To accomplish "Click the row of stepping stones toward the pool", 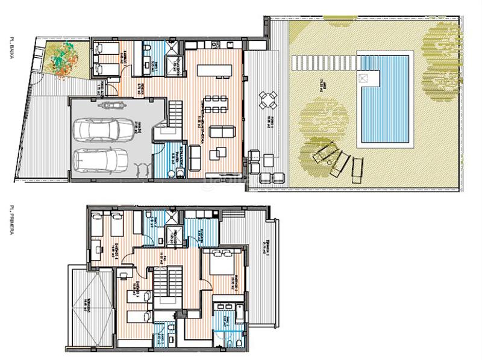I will [322, 61].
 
